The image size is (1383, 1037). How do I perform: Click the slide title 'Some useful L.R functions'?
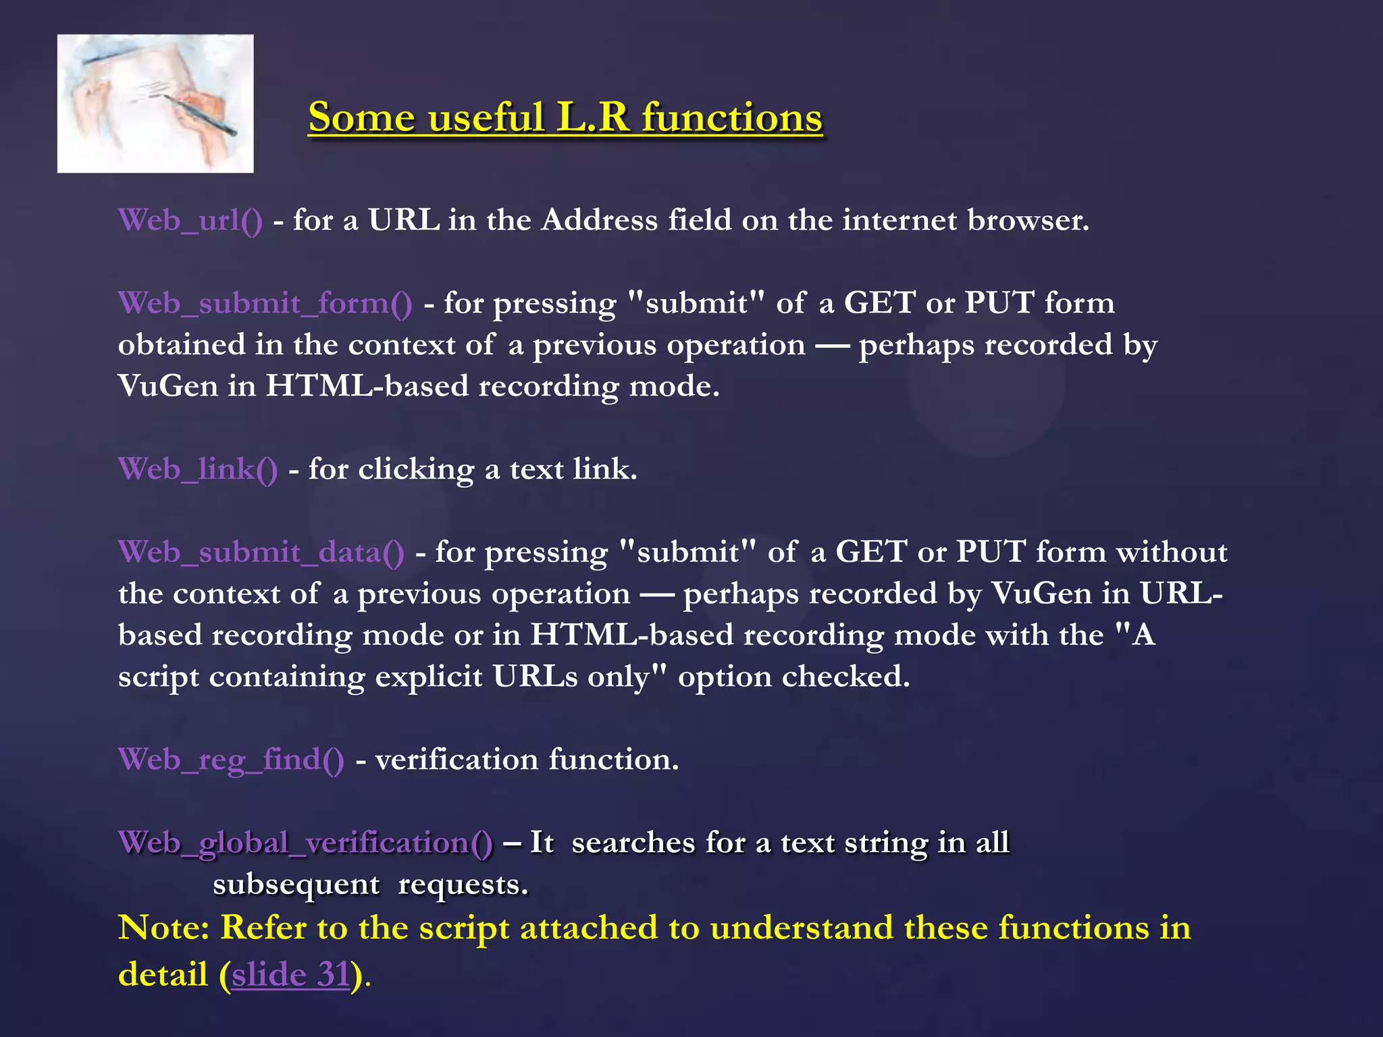[565, 117]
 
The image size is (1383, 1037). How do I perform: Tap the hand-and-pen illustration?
[155, 104]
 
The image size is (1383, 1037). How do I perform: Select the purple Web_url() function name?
[190, 221]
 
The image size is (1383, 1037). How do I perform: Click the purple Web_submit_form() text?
[265, 303]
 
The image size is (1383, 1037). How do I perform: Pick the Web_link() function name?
[198, 469]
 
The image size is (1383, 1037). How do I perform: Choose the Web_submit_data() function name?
[261, 552]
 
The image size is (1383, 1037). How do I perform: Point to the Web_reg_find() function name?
[231, 760]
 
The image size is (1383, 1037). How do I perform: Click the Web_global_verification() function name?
[305, 843]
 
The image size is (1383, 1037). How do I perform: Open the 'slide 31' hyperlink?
[291, 974]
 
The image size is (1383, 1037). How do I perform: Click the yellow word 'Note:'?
[164, 927]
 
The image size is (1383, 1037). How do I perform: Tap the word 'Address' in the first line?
[599, 220]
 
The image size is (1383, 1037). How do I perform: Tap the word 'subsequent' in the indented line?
[296, 884]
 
